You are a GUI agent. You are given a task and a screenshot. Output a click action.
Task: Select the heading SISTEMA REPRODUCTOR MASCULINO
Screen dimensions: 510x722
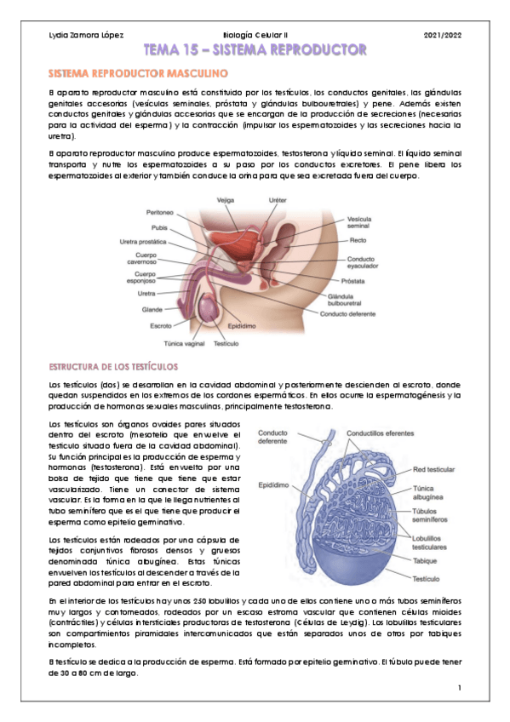pyautogui.click(x=137, y=75)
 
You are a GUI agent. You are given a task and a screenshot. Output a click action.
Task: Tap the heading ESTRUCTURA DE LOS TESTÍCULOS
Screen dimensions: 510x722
pyautogui.click(x=113, y=367)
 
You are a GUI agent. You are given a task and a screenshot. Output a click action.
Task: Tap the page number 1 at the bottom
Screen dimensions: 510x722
pyautogui.click(x=458, y=688)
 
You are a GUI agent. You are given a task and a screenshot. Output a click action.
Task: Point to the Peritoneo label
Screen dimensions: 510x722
pyautogui.click(x=160, y=213)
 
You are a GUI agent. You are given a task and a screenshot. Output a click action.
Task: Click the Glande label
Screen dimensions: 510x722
pyautogui.click(x=152, y=310)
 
